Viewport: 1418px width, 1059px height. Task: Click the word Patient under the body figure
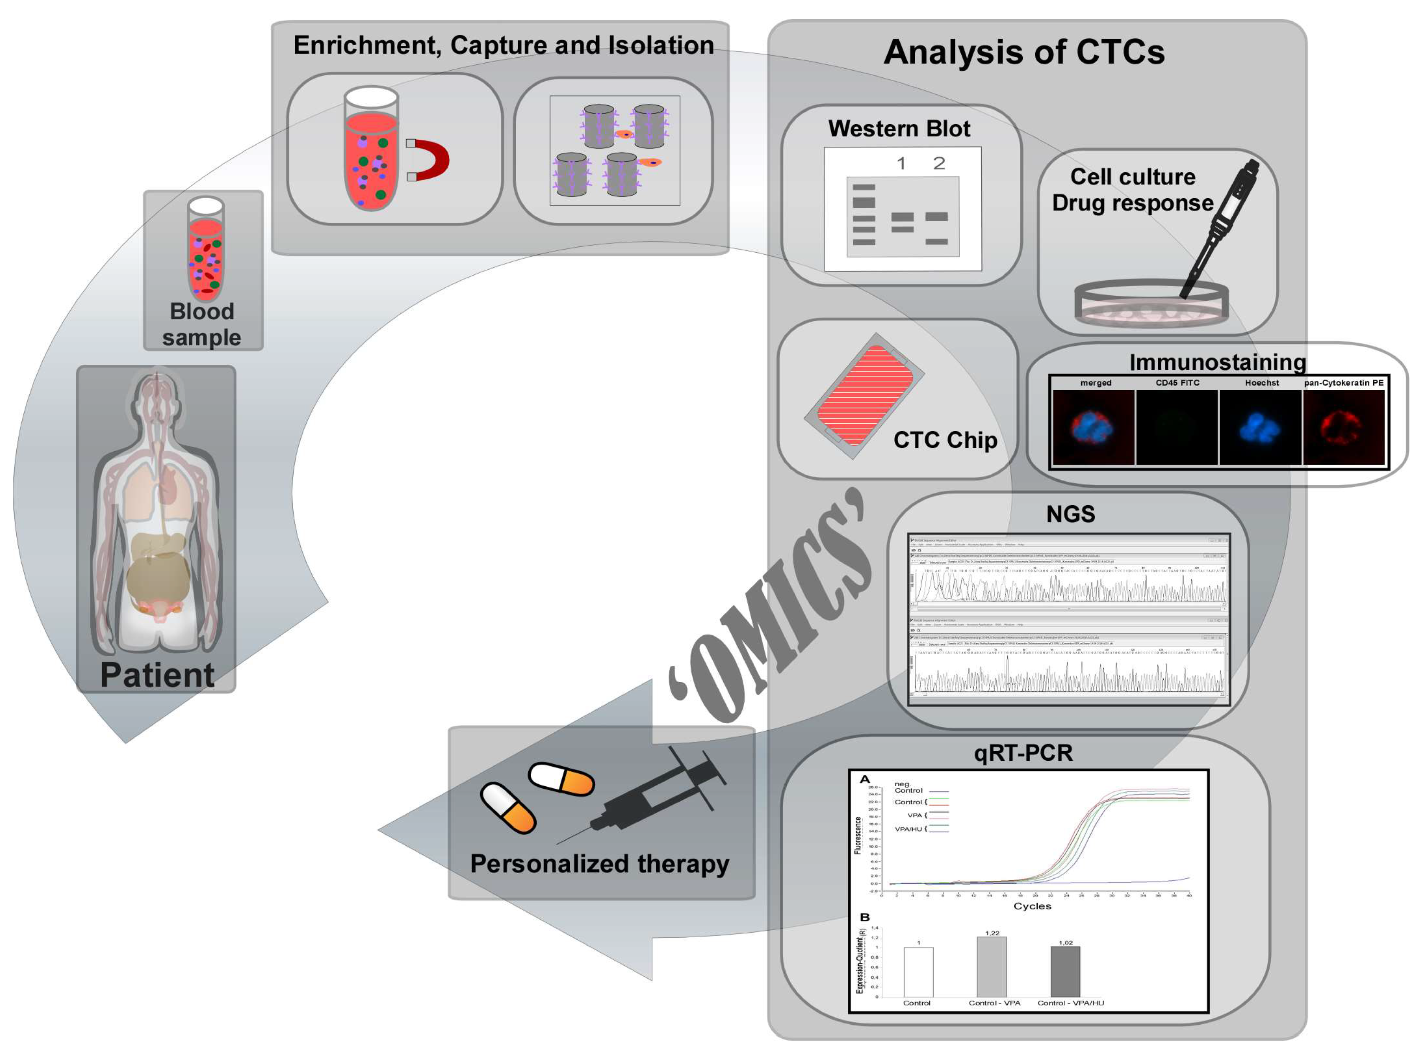pos(157,675)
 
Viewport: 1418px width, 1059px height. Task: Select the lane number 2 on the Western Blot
pos(939,164)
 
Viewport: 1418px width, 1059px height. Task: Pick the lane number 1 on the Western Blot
pos(901,164)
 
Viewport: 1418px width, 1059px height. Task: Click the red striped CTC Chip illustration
pos(863,396)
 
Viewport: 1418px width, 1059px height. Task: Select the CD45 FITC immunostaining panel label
pos(1177,383)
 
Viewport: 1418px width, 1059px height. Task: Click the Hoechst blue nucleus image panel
pos(1260,427)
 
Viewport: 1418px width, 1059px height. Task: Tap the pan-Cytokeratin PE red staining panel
pos(1344,427)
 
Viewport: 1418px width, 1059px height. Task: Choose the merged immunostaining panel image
pos(1094,427)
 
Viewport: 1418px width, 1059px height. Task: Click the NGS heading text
pos(1070,514)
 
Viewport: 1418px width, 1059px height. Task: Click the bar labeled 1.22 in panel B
pos(991,967)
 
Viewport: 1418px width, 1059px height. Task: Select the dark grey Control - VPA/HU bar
pos(1065,971)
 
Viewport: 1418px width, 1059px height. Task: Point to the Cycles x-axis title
pos(1032,906)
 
